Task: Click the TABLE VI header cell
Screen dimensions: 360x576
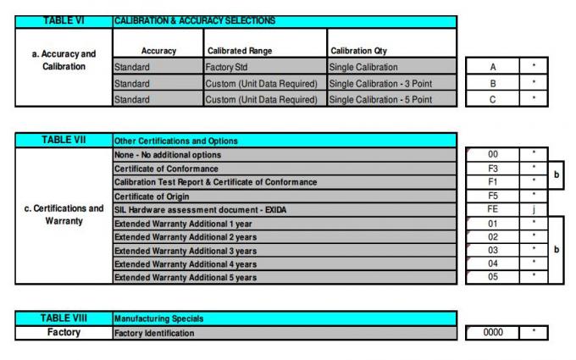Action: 64,20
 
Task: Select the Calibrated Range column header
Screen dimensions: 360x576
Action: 238,51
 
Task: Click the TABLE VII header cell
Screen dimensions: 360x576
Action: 64,140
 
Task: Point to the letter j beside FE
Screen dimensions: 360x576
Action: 533,209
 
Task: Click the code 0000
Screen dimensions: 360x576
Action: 492,333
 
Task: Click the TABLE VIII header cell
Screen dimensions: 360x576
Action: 64,318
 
